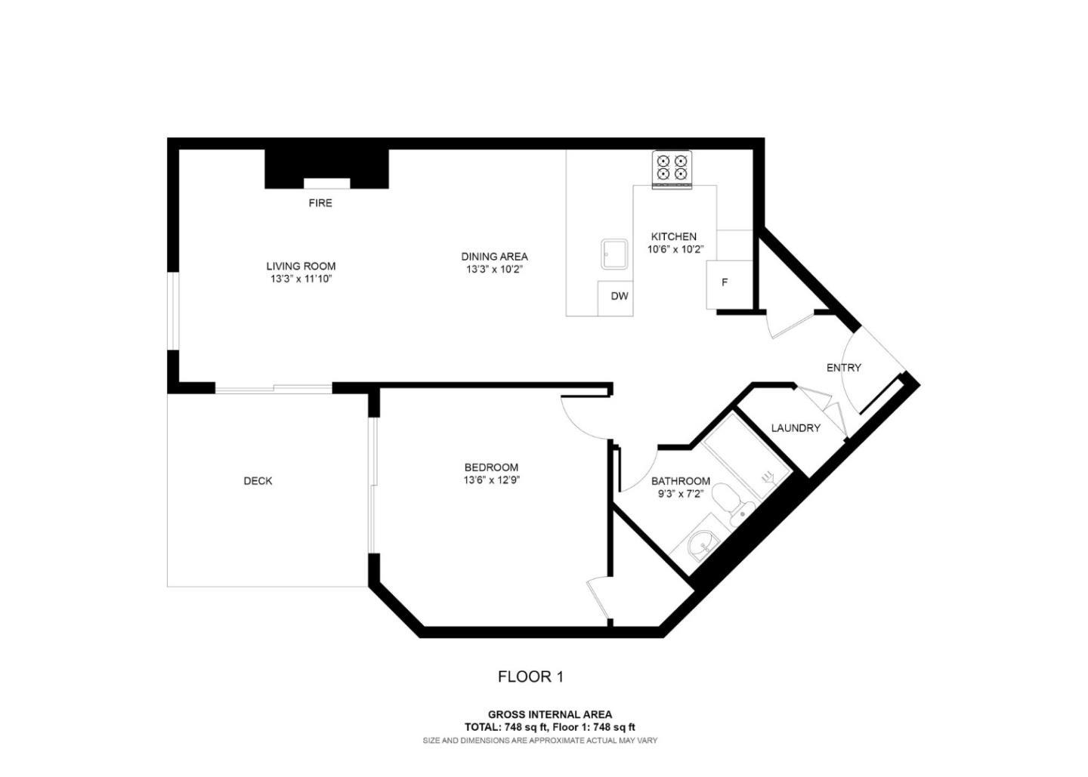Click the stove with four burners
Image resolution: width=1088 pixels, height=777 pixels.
tap(672, 167)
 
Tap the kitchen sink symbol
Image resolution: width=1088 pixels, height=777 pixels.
tap(614, 254)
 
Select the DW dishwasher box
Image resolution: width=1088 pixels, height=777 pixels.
tap(619, 297)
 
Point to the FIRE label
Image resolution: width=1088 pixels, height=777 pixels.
tap(320, 203)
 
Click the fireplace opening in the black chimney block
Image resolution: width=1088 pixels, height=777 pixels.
tap(326, 183)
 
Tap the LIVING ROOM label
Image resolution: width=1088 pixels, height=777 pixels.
tap(301, 266)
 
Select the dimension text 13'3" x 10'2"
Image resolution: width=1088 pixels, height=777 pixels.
tap(494, 270)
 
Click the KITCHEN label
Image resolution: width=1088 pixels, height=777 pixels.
tap(674, 236)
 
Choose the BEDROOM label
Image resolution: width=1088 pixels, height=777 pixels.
tap(491, 467)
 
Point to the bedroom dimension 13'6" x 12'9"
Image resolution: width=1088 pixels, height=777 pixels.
tap(491, 480)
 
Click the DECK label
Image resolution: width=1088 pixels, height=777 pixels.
tap(258, 481)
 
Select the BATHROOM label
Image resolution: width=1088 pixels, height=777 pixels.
tap(681, 481)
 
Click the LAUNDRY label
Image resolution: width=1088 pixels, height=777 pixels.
tap(796, 428)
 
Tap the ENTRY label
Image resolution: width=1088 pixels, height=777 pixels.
tap(843, 368)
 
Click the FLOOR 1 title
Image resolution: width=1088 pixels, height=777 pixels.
tap(530, 677)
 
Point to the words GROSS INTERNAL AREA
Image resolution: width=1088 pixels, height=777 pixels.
tap(550, 714)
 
